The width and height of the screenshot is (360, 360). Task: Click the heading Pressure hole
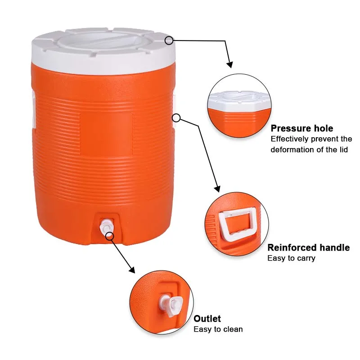(302, 129)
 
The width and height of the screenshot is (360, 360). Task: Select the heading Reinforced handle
(308, 247)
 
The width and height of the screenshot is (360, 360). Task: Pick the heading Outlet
(207, 319)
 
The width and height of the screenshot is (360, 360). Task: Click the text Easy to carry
(291, 258)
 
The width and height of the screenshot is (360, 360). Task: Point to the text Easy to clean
(218, 329)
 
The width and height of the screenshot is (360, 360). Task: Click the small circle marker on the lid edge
(169, 40)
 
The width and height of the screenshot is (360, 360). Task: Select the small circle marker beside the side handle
(176, 118)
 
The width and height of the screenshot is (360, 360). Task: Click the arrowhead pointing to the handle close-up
(217, 189)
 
